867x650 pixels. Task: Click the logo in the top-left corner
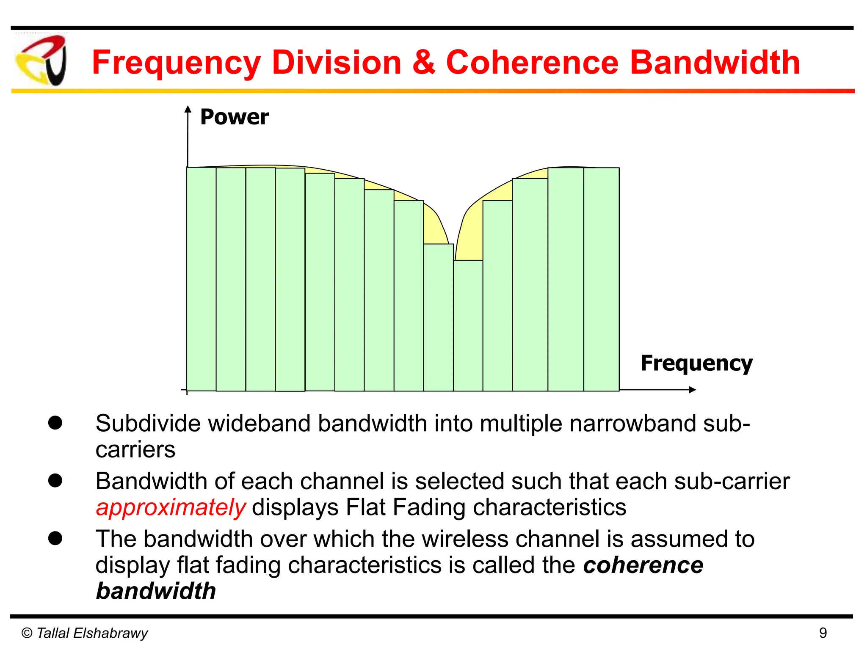pyautogui.click(x=41, y=61)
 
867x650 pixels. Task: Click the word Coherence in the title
pyautogui.click(x=533, y=62)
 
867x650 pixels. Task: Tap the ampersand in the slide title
pyautogui.click(x=423, y=62)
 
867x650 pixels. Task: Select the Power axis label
pyautogui.click(x=234, y=117)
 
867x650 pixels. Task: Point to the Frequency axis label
pyautogui.click(x=696, y=363)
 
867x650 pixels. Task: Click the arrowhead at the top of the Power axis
pyautogui.click(x=188, y=110)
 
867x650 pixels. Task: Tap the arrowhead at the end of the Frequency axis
pyautogui.click(x=693, y=390)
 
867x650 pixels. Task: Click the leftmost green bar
pyautogui.click(x=202, y=279)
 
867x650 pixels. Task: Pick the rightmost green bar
pyautogui.click(x=602, y=279)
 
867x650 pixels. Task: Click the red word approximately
pyautogui.click(x=171, y=507)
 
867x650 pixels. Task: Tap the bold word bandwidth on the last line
pyautogui.click(x=156, y=591)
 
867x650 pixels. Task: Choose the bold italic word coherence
pyautogui.click(x=643, y=565)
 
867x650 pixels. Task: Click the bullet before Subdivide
pyautogui.click(x=55, y=423)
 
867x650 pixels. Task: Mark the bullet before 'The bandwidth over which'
pyautogui.click(x=55, y=539)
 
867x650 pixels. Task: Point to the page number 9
pyautogui.click(x=823, y=633)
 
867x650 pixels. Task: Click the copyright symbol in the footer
pyautogui.click(x=27, y=633)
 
